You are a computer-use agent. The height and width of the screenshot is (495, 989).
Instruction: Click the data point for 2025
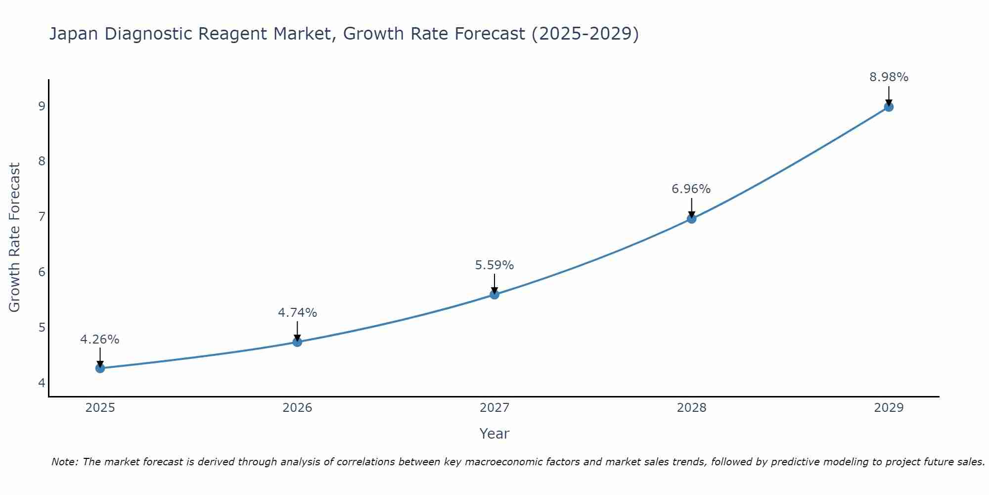click(x=100, y=368)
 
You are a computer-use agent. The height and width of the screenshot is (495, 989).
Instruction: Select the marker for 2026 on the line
click(x=297, y=342)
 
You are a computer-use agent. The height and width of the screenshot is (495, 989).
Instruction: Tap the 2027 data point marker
click(x=494, y=295)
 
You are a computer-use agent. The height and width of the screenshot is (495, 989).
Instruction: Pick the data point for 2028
click(x=691, y=219)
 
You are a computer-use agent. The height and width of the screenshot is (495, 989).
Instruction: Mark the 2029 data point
click(x=889, y=107)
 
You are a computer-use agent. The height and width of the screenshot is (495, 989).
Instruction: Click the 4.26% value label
click(x=100, y=340)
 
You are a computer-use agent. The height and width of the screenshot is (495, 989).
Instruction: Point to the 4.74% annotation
click(x=297, y=313)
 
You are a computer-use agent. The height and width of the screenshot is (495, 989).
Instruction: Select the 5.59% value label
click(x=494, y=265)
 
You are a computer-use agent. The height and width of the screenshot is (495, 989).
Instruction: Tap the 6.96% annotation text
click(x=691, y=189)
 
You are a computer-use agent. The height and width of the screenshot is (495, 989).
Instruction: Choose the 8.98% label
click(x=889, y=77)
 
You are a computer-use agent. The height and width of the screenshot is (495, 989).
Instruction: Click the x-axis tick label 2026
click(x=297, y=408)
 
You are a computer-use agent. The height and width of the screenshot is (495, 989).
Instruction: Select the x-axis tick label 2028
click(x=691, y=408)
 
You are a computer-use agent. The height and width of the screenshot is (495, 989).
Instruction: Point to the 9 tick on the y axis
click(x=42, y=106)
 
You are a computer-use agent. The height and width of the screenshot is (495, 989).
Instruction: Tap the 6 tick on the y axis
click(x=42, y=272)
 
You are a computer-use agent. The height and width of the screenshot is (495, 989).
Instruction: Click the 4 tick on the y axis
click(x=42, y=383)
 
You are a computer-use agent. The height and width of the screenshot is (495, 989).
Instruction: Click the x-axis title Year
click(x=494, y=434)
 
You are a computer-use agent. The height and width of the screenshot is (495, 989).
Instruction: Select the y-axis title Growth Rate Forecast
click(x=15, y=238)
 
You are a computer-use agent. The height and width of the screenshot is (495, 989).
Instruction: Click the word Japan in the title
click(x=74, y=34)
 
